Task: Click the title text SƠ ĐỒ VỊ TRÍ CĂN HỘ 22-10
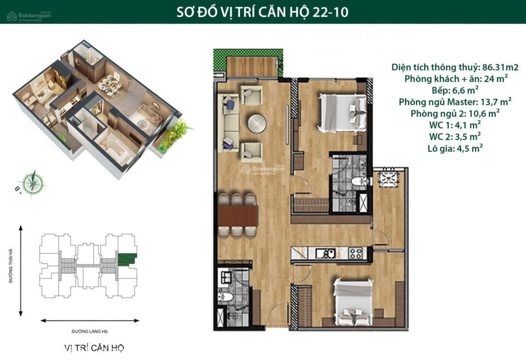click(262, 12)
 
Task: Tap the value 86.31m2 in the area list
click(500, 67)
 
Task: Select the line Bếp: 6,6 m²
click(455, 90)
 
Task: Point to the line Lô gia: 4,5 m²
click(455, 148)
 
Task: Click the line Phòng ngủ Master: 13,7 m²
click(455, 102)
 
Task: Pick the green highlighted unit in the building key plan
click(127, 260)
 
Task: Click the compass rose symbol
click(33, 183)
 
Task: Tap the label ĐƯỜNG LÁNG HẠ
click(89, 332)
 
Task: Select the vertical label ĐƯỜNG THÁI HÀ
click(11, 266)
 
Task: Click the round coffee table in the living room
click(258, 123)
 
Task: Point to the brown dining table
click(238, 216)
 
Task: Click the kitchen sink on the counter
click(325, 253)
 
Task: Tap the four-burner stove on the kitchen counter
click(356, 253)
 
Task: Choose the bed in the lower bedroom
click(353, 301)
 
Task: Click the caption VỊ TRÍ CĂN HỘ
click(94, 348)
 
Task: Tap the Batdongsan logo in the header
click(29, 16)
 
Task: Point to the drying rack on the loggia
click(388, 179)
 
